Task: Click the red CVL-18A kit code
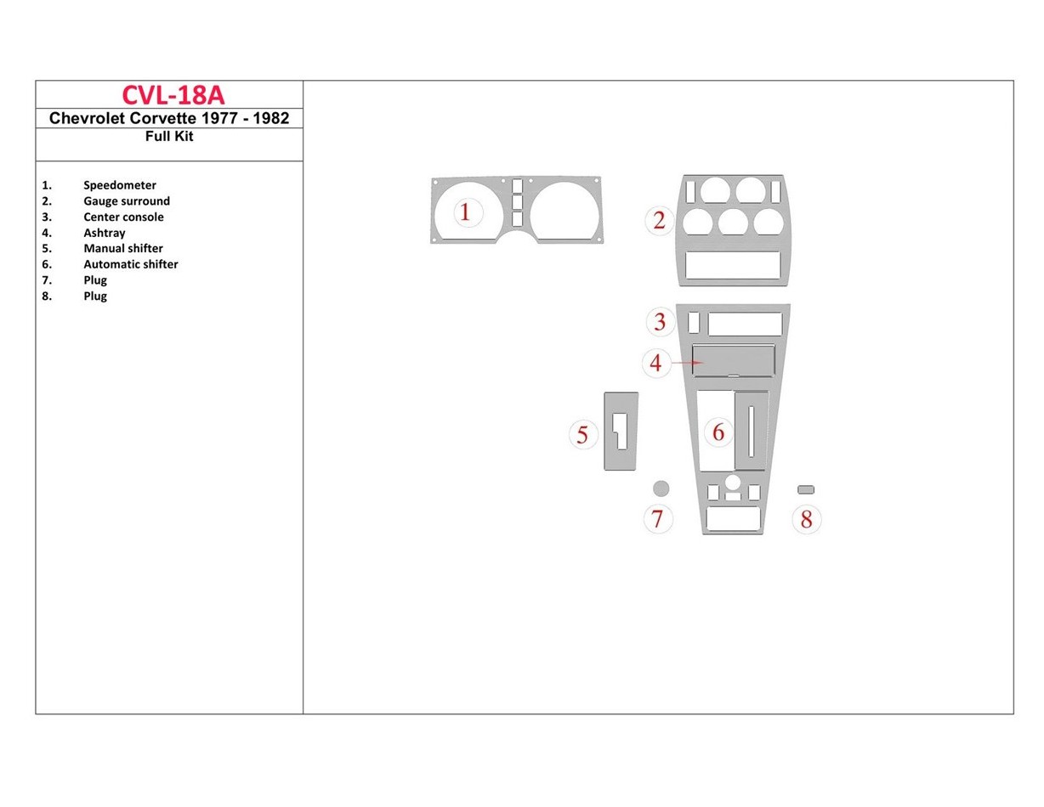pyautogui.click(x=173, y=94)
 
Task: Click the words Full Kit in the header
pyautogui.click(x=169, y=136)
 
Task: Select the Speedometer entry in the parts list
pyautogui.click(x=119, y=185)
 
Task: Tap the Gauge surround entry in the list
pyautogui.click(x=126, y=201)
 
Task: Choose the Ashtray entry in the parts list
pyautogui.click(x=104, y=233)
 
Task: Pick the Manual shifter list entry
pyautogui.click(x=122, y=249)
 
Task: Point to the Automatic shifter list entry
pyautogui.click(x=130, y=264)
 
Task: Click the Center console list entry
pyautogui.click(x=123, y=217)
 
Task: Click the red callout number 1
pyautogui.click(x=465, y=212)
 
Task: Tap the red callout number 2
pyautogui.click(x=658, y=221)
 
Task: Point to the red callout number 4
pyautogui.click(x=655, y=364)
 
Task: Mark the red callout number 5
pyautogui.click(x=582, y=436)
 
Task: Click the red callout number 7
pyautogui.click(x=657, y=518)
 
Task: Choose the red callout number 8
pyautogui.click(x=806, y=519)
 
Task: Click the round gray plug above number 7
pyautogui.click(x=661, y=488)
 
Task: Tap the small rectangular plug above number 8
pyautogui.click(x=806, y=489)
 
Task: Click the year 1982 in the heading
pyautogui.click(x=275, y=119)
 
